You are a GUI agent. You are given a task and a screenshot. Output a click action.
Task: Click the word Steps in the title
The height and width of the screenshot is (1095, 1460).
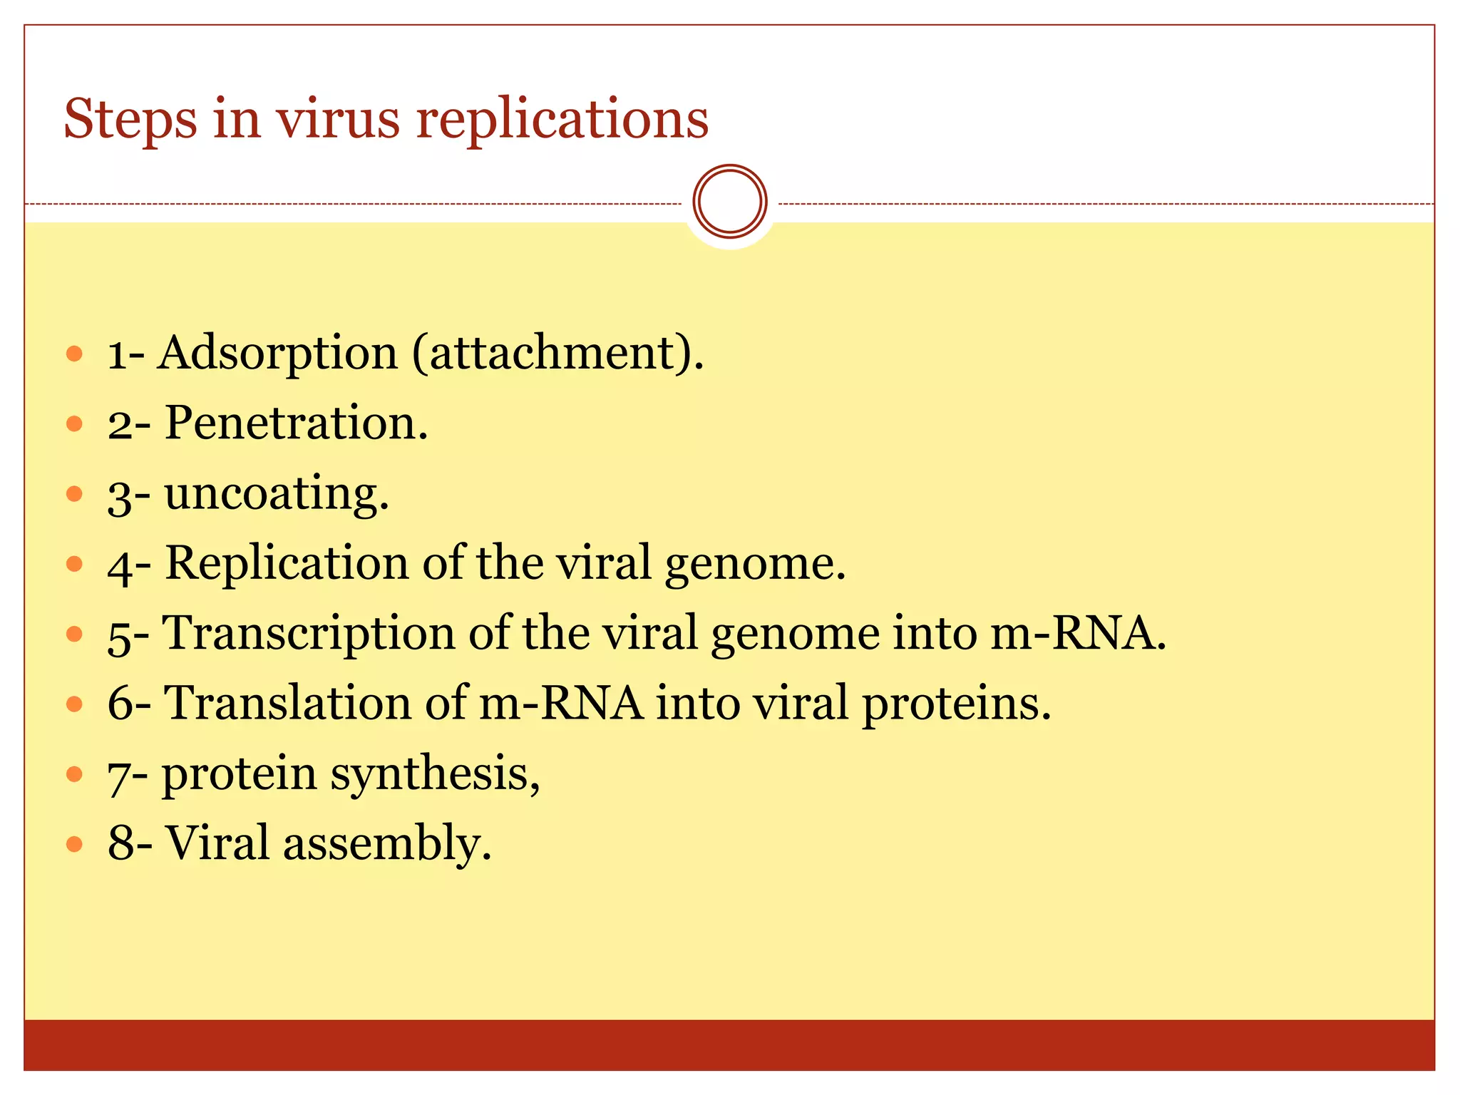click(130, 119)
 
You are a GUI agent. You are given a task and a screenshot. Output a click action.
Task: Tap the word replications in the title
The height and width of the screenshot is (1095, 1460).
click(562, 119)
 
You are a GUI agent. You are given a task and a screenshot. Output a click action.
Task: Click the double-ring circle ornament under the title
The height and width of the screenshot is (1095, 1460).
click(729, 202)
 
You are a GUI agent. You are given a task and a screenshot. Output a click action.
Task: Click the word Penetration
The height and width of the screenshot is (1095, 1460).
click(296, 423)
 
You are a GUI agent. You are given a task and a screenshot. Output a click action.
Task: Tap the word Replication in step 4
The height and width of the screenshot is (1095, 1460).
click(287, 563)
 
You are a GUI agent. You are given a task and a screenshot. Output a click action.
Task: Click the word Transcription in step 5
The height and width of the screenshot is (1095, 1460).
click(309, 634)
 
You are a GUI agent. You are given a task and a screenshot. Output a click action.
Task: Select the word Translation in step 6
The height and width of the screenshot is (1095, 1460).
click(288, 703)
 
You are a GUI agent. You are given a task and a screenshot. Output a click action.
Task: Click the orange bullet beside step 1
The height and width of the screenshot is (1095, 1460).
click(75, 353)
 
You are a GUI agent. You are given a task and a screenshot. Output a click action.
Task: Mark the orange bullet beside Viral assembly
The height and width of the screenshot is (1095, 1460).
click(75, 845)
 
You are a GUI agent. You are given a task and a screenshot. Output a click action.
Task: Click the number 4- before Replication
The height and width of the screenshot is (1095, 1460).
click(128, 565)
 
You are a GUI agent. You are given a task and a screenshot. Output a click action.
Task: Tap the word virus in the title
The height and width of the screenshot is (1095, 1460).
click(339, 119)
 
